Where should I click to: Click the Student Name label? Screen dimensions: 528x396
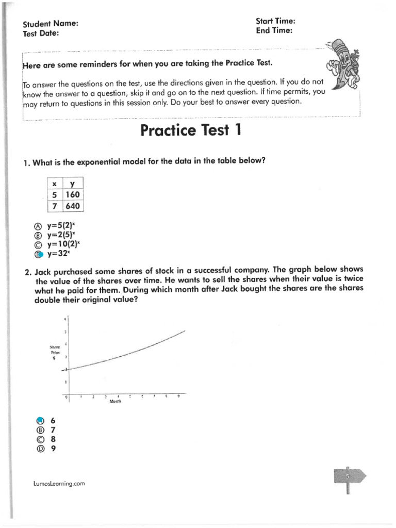coord(51,24)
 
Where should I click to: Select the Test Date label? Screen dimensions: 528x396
coord(41,33)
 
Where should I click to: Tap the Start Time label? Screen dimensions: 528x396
coord(275,21)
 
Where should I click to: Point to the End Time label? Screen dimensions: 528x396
coord(274,30)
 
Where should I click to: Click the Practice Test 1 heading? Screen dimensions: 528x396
coord(191,130)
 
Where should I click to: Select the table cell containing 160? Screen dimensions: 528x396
coord(72,195)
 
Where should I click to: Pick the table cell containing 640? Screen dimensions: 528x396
coord(72,206)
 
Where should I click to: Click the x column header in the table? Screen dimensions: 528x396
coord(54,184)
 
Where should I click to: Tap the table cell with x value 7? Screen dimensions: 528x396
coord(54,206)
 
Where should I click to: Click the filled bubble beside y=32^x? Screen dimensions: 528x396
coord(37,254)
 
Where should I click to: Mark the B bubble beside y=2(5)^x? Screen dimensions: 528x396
coord(37,236)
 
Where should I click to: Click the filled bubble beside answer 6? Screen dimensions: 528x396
coord(40,421)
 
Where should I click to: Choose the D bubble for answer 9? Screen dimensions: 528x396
coord(40,448)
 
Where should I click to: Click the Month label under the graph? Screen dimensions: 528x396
coord(114,402)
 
